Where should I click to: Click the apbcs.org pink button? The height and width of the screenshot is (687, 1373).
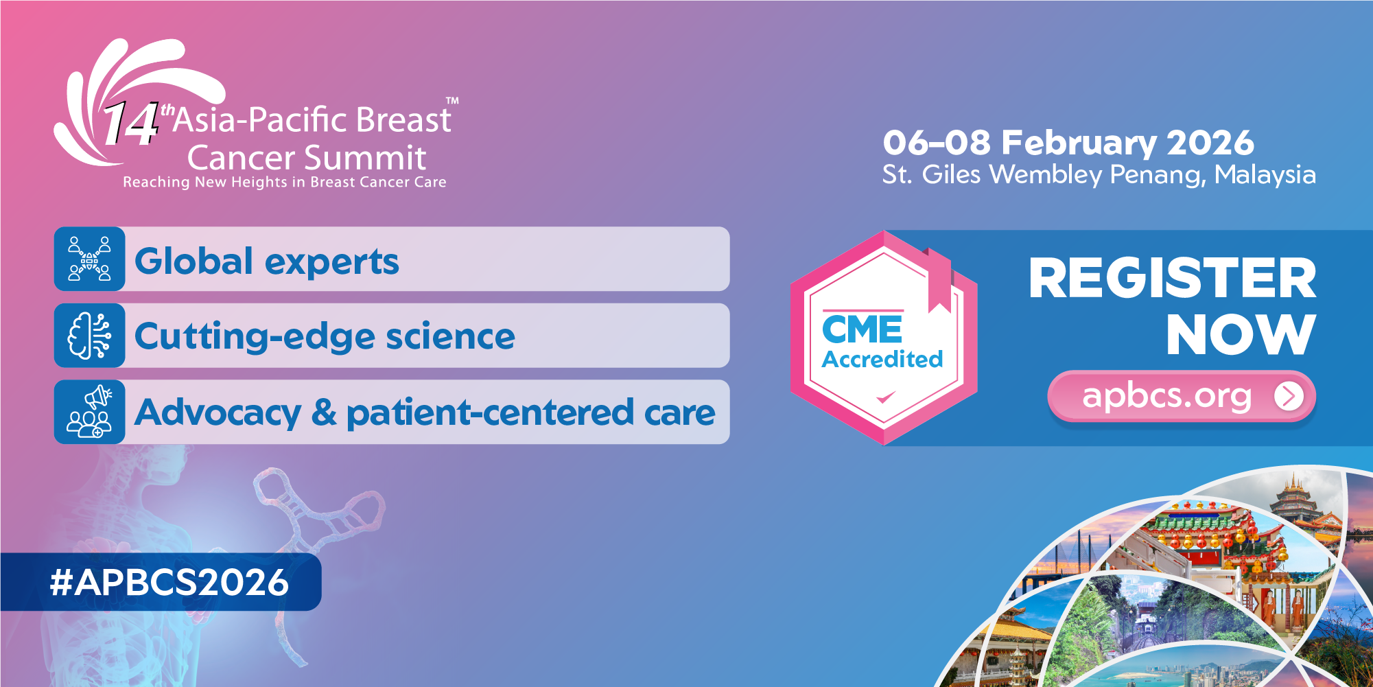point(1166,396)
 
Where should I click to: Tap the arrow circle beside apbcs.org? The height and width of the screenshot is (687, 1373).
point(1289,396)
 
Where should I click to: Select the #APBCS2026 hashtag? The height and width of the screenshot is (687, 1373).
point(169,583)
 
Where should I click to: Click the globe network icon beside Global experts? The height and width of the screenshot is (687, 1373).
point(89,259)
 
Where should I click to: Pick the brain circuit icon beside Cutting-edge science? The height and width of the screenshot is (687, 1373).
point(89,336)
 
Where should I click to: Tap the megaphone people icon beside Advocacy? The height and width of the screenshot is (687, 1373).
point(89,412)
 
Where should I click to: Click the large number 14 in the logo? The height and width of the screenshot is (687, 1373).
point(130,124)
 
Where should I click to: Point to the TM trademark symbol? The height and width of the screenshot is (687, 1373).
point(452,101)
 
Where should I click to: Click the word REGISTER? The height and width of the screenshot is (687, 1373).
point(1172,279)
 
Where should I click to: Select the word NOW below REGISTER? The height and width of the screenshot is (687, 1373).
point(1241,335)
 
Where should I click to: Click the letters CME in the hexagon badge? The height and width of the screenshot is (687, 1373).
point(862,330)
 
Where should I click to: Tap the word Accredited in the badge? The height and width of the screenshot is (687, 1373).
point(882,359)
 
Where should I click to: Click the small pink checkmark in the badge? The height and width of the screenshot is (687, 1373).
point(885,397)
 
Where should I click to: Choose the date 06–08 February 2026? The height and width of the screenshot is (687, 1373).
point(1068,143)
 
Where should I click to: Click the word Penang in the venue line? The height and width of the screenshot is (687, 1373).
point(1157,175)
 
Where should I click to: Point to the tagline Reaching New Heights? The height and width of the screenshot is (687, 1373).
point(284,182)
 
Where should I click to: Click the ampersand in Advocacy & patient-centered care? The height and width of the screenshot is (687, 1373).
point(324,412)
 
